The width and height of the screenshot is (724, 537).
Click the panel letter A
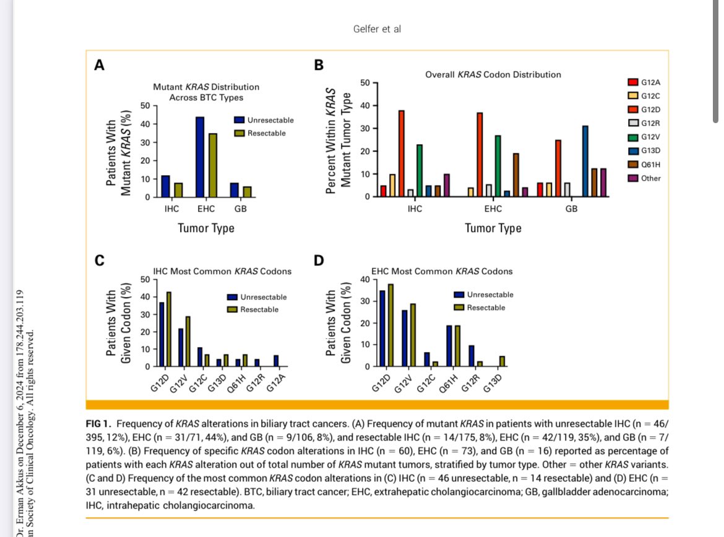[99, 65]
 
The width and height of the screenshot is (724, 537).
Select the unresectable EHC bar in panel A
[200, 157]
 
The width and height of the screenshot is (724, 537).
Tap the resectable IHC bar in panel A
[178, 190]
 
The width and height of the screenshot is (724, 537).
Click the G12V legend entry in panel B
[644, 137]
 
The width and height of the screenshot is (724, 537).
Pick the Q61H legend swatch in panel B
[633, 165]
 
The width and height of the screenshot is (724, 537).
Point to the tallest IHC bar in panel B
[401, 154]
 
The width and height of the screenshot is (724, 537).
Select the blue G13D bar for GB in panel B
[585, 161]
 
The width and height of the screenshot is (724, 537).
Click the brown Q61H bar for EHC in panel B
[515, 175]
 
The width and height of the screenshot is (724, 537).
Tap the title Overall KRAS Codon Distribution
[493, 75]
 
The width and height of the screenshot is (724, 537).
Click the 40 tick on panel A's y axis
[145, 124]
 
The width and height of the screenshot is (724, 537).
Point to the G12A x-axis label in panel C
[276, 383]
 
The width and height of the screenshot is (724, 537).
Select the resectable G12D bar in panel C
[168, 329]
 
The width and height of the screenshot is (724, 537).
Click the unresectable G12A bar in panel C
[276, 361]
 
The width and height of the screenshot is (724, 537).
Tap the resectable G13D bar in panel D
[502, 361]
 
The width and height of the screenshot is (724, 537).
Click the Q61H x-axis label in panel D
[449, 383]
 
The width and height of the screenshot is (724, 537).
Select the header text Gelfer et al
[377, 29]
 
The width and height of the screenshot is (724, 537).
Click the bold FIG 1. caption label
[98, 424]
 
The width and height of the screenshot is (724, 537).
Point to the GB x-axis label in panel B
[571, 208]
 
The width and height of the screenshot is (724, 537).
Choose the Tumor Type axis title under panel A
[206, 228]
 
